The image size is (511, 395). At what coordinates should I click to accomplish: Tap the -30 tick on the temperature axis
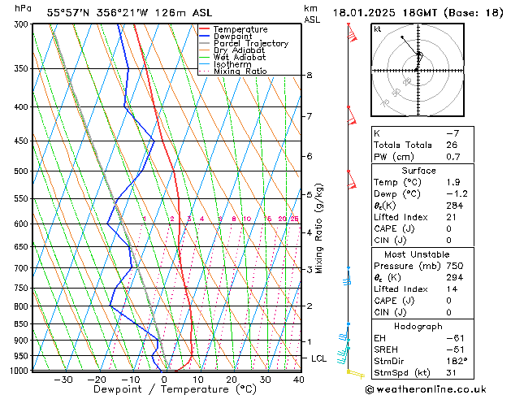[63, 379]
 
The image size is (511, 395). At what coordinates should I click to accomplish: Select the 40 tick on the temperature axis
[298, 379]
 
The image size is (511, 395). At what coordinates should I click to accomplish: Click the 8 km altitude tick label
[309, 76]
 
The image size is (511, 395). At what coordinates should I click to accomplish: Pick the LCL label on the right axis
[319, 358]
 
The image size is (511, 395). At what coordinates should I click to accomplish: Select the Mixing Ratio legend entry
[240, 72]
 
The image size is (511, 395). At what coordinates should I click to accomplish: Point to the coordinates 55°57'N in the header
[67, 12]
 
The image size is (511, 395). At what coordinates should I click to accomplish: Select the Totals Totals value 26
[453, 145]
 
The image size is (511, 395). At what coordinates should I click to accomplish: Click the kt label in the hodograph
[378, 29]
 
